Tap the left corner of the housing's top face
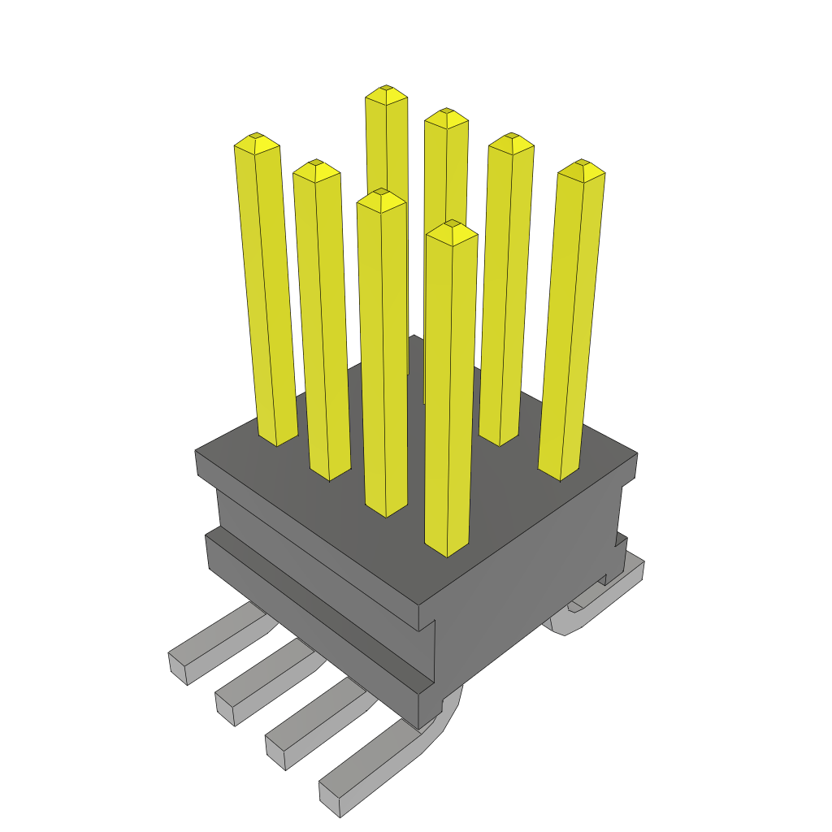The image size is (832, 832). pos(197,451)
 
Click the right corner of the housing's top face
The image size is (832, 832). pos(635,454)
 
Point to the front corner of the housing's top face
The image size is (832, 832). pos(418,606)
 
